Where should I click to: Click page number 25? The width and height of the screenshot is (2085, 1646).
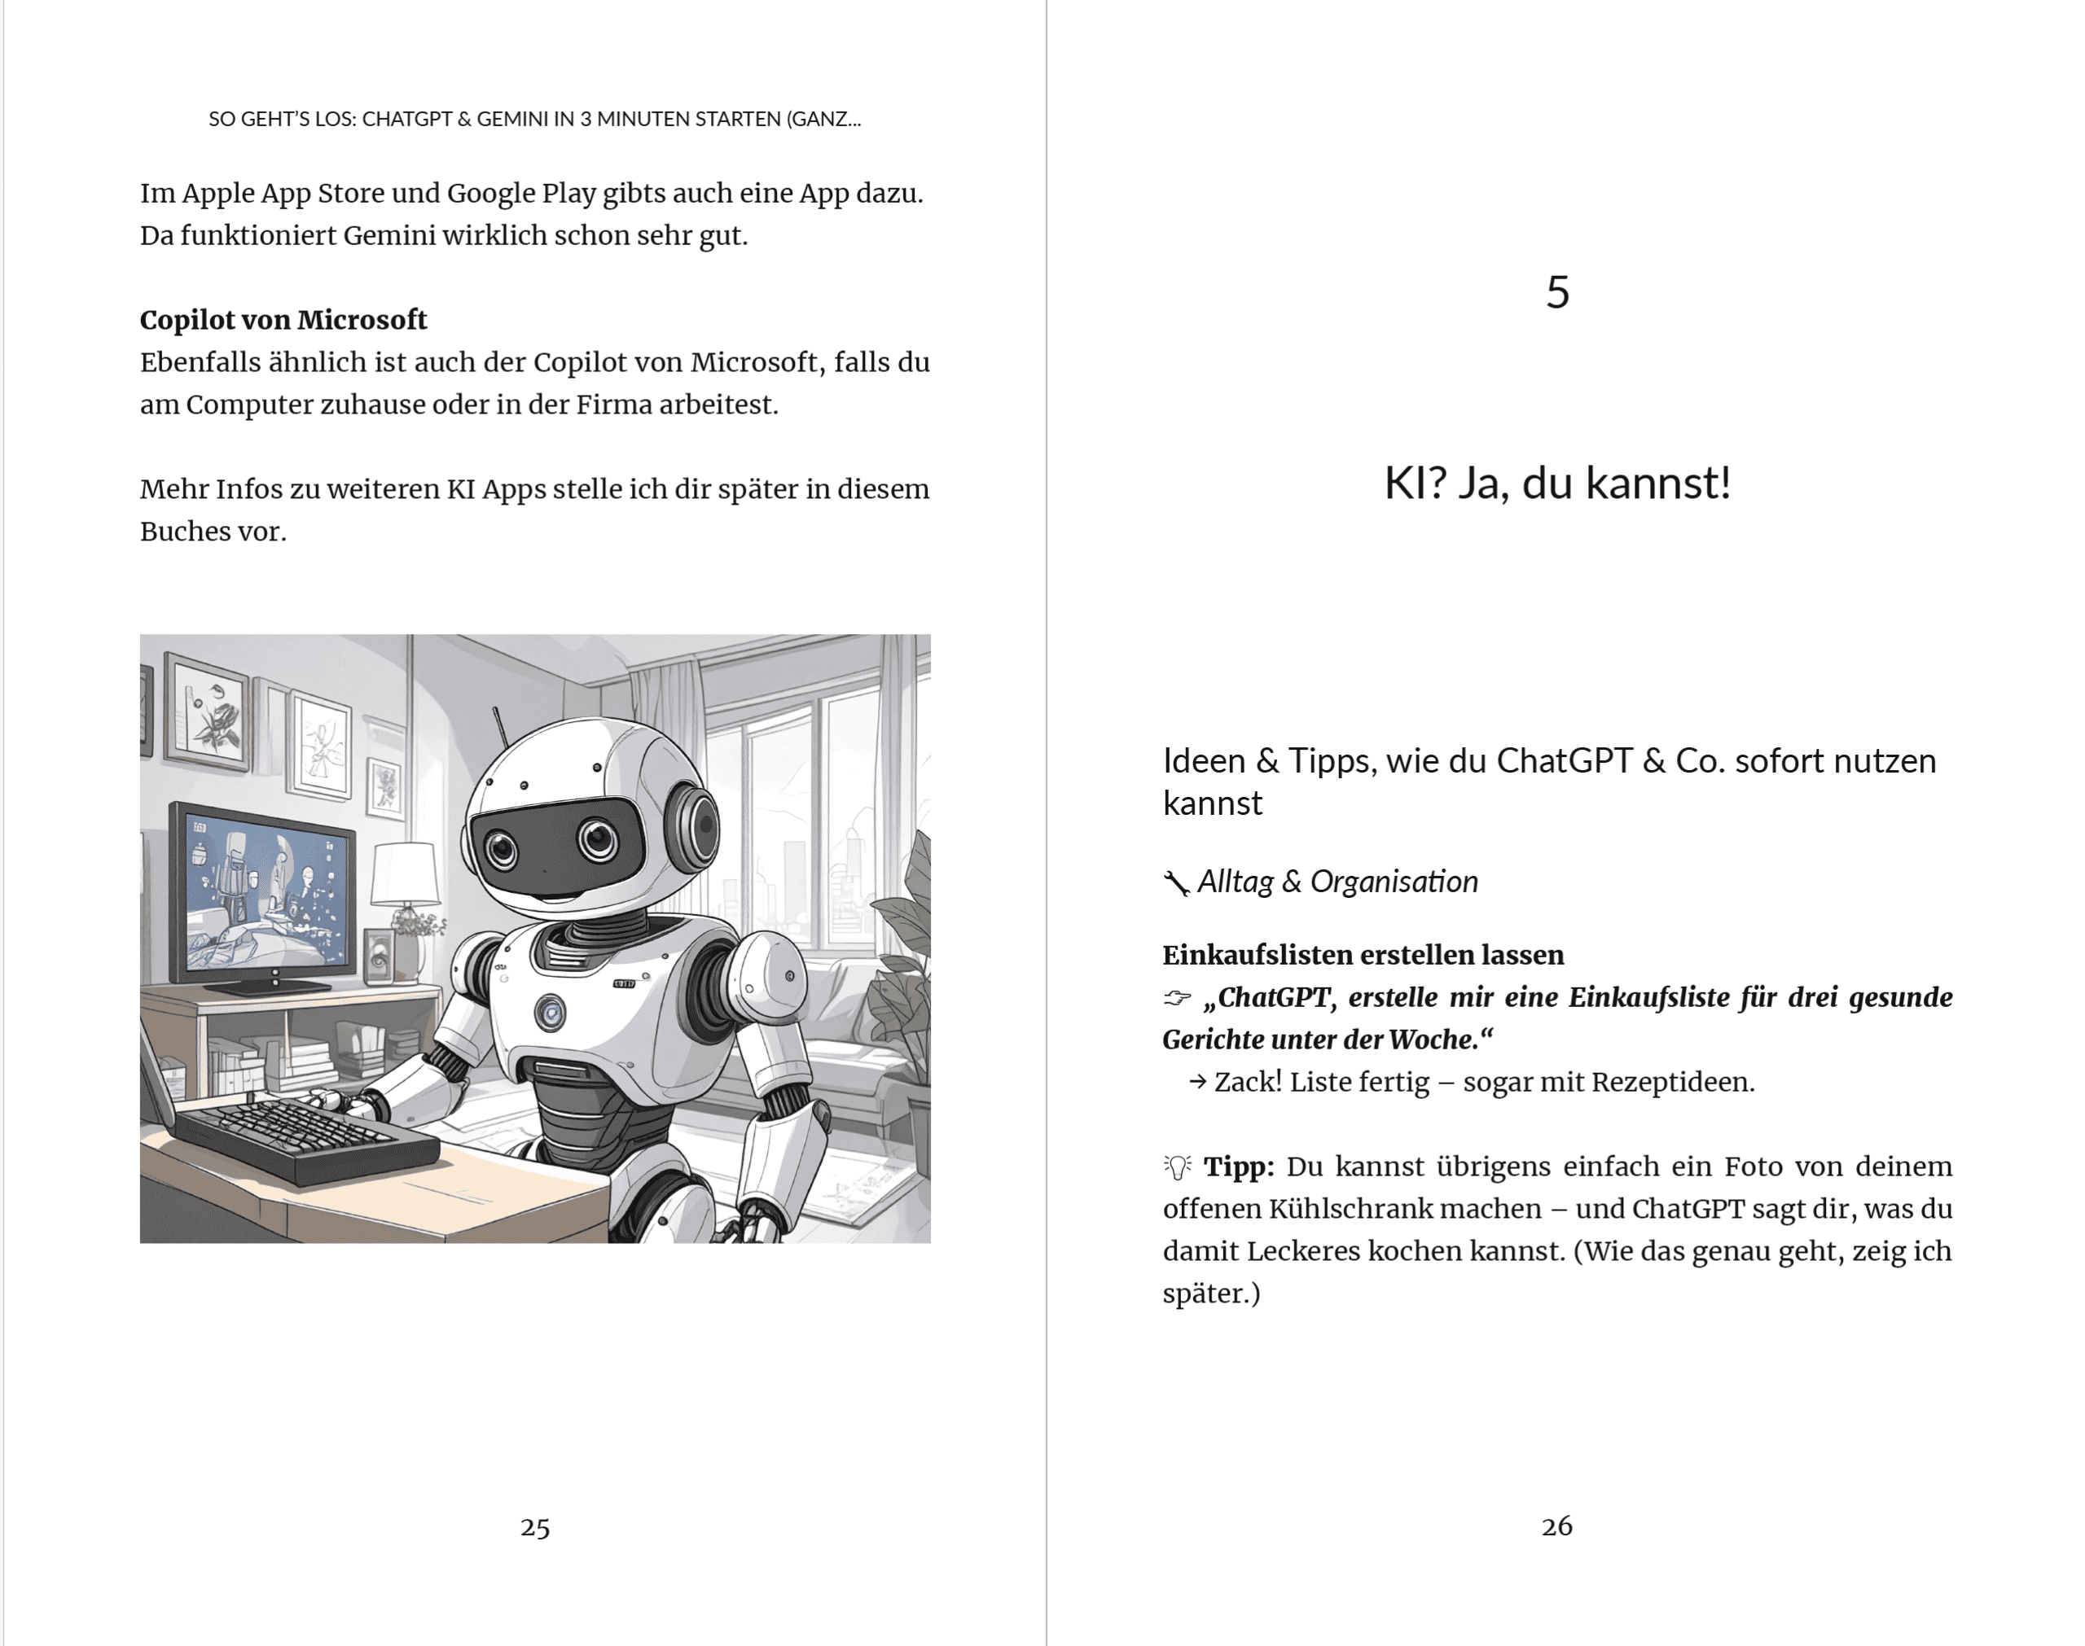(x=535, y=1526)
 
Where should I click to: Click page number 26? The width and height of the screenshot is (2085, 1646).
(x=1556, y=1526)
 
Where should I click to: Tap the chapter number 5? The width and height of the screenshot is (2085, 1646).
(x=1558, y=292)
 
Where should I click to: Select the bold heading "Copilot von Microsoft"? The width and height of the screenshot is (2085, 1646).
(x=283, y=320)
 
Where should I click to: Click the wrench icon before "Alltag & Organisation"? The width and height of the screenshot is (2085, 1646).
(x=1176, y=882)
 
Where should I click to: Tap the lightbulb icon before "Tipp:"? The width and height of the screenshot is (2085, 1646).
(x=1177, y=1167)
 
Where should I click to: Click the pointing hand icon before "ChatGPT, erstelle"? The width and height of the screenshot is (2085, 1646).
(x=1177, y=998)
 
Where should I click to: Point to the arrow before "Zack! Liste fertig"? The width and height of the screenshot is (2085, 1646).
(x=1197, y=1082)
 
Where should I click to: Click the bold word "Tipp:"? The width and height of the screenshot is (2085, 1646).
(x=1239, y=1167)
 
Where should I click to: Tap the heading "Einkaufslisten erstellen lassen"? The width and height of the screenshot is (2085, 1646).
(x=1363, y=955)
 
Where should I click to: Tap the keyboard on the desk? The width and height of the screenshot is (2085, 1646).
(x=306, y=1136)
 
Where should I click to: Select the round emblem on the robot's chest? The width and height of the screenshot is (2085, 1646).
(x=550, y=1012)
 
